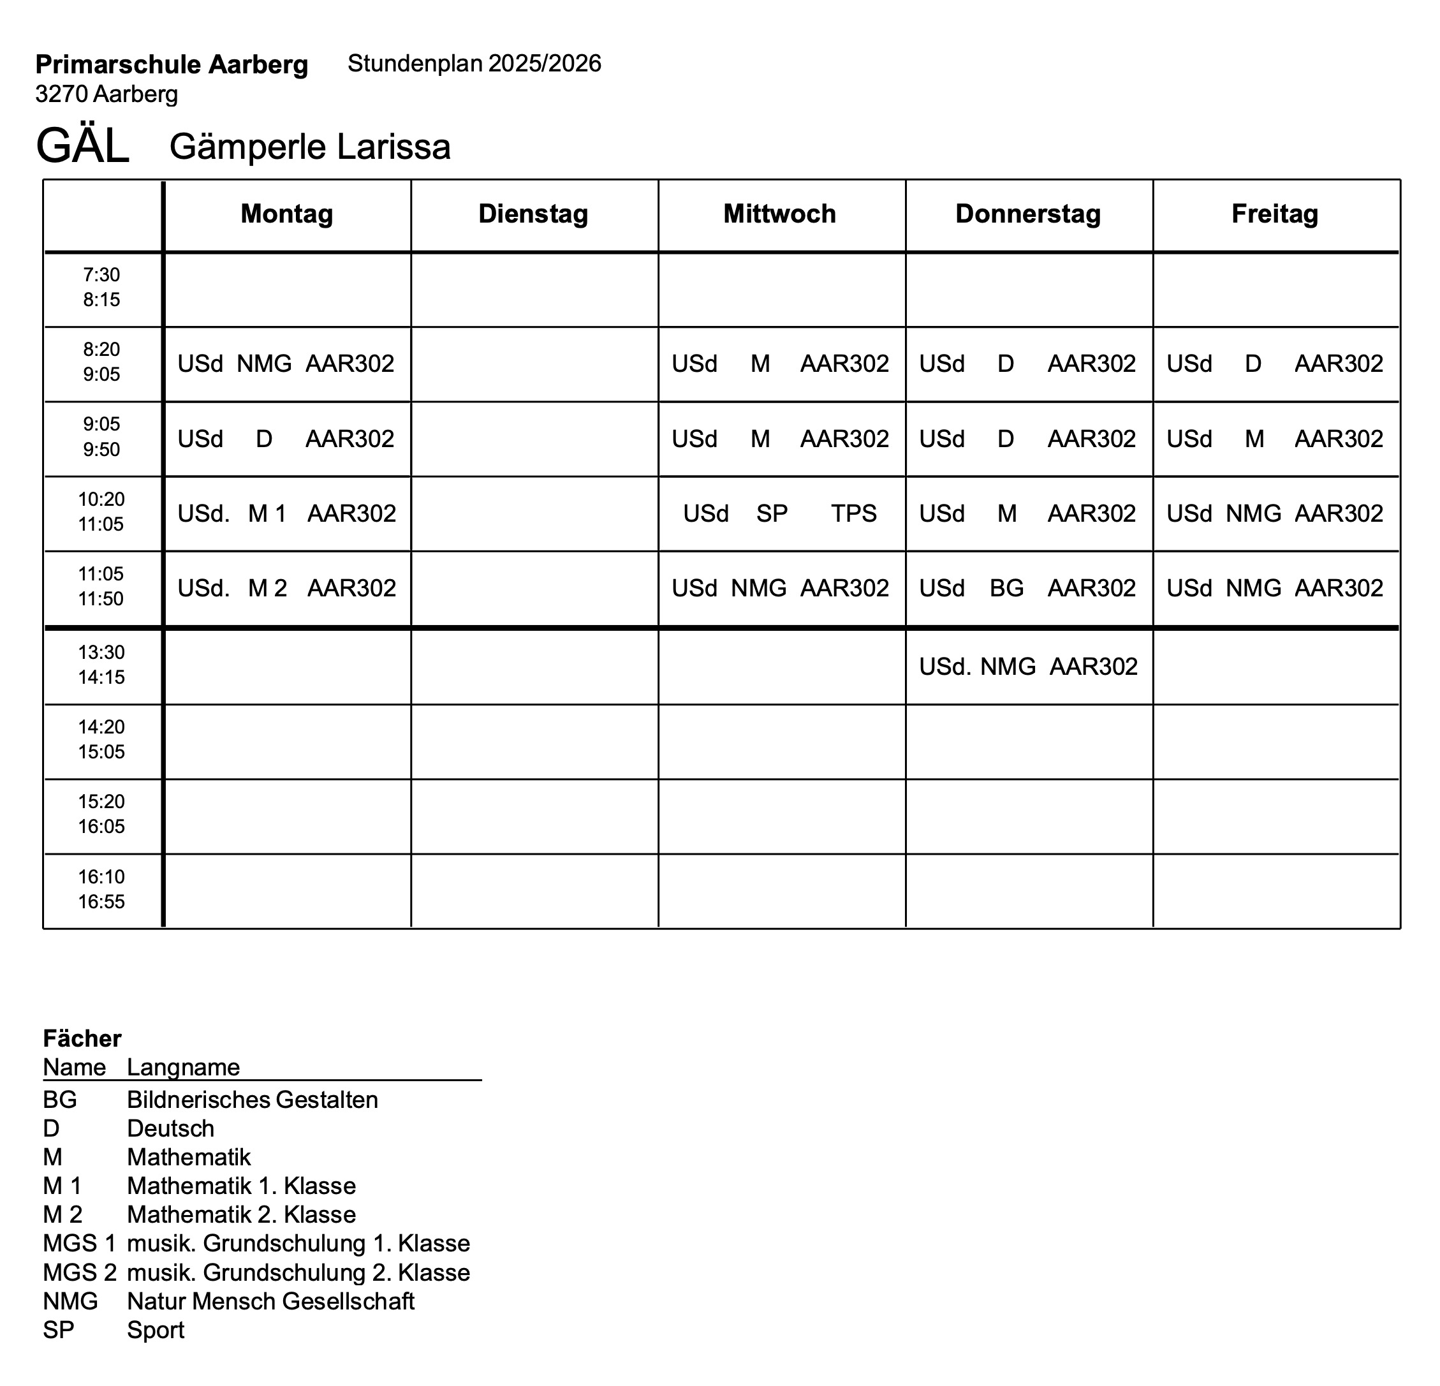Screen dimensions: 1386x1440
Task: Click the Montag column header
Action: (286, 214)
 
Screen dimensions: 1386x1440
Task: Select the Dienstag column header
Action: (533, 214)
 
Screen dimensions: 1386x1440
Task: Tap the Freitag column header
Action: (1275, 214)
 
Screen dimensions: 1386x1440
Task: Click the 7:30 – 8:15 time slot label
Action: (101, 287)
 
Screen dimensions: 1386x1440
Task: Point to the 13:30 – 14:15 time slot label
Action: (101, 665)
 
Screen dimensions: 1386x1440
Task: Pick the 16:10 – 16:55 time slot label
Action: (101, 889)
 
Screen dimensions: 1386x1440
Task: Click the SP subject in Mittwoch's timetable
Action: (772, 513)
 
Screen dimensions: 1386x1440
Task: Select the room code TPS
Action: (854, 513)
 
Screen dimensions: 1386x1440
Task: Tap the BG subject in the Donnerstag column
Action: (1006, 588)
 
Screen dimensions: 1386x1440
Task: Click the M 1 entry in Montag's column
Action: (267, 513)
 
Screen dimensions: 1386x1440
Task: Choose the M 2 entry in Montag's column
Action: (267, 588)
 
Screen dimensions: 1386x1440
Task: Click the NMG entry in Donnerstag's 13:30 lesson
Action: (1008, 667)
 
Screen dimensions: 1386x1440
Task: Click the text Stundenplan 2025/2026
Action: (474, 64)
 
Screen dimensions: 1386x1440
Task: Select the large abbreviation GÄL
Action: (82, 145)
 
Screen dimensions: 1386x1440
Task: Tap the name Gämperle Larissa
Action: (309, 146)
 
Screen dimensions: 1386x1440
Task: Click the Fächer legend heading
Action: (82, 1038)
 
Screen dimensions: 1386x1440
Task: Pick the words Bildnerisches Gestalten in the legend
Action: (252, 1100)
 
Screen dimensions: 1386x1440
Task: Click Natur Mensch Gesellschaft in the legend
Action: (270, 1301)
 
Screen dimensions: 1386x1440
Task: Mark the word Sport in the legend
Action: (155, 1329)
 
